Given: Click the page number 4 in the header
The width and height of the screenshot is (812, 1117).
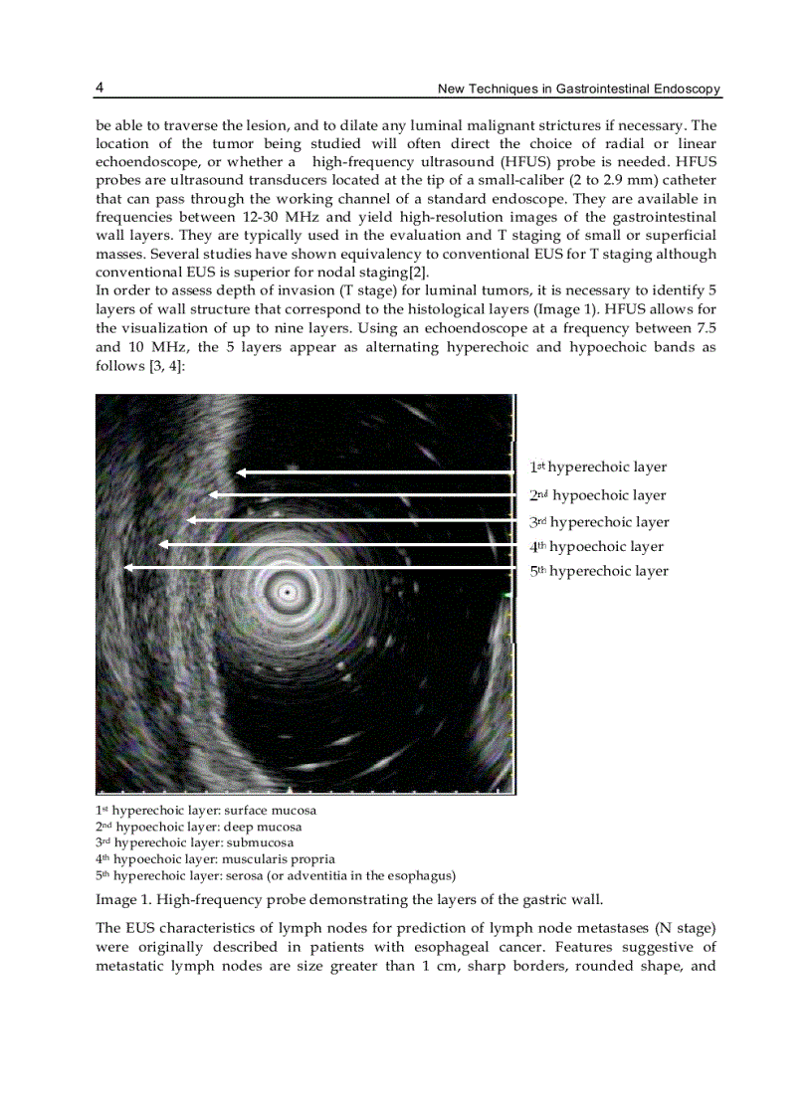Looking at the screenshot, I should click(100, 88).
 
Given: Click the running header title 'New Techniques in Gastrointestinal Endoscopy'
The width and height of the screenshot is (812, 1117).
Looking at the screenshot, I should click(579, 90).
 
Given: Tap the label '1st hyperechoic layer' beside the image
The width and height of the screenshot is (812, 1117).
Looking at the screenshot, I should click(598, 467).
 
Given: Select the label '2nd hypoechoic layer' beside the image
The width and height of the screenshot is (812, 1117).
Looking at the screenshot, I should click(597, 495).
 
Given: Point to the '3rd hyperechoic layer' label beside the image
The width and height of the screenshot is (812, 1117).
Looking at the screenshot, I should click(599, 522).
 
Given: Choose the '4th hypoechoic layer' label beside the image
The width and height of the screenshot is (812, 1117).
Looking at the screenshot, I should click(596, 546).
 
